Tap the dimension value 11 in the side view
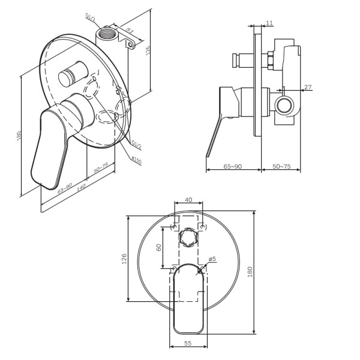coord(268,23)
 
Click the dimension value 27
coord(308,88)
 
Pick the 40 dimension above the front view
coord(188,200)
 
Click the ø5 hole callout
coord(212,259)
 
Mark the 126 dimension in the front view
coord(124,259)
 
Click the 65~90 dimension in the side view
coord(233,166)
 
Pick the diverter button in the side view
coord(239,61)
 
